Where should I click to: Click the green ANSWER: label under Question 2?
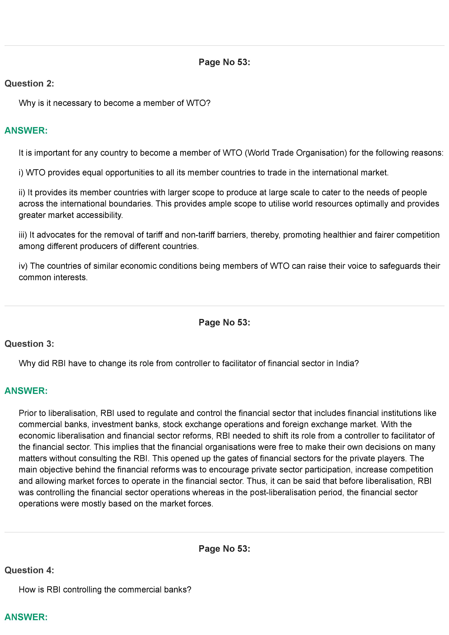click(26, 131)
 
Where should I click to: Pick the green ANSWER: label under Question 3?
click(26, 391)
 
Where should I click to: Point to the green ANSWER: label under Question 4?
click(26, 617)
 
